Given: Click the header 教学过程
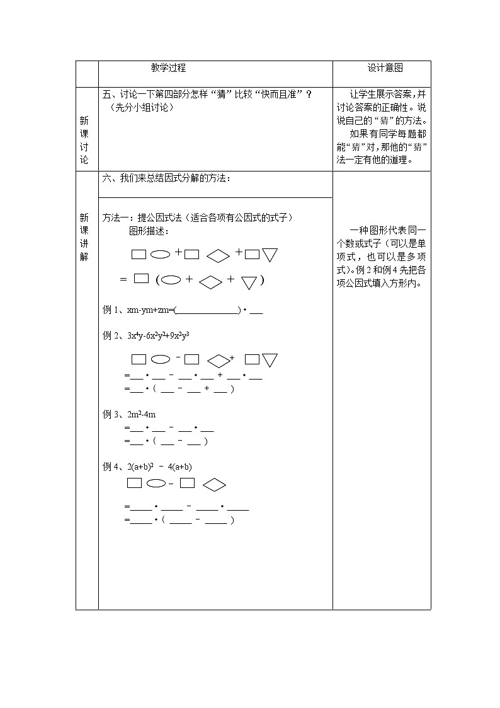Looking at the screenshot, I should [168, 68].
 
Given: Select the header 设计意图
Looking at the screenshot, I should [385, 68].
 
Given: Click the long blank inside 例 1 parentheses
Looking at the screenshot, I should [207, 310].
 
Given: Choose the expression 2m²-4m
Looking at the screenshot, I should [141, 414].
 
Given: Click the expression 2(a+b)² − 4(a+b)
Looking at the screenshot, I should [159, 467].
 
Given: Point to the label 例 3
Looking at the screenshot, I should [111, 414].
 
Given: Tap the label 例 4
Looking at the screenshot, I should [111, 467].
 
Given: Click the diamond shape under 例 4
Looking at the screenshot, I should [215, 484].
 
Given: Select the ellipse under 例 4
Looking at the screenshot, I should [155, 484].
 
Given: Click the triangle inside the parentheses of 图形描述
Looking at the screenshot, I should [249, 282].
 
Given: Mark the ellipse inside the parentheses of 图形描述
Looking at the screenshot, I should [171, 281].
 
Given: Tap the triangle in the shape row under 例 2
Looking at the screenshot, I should [270, 360].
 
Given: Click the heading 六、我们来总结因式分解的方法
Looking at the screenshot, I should [166, 179].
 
